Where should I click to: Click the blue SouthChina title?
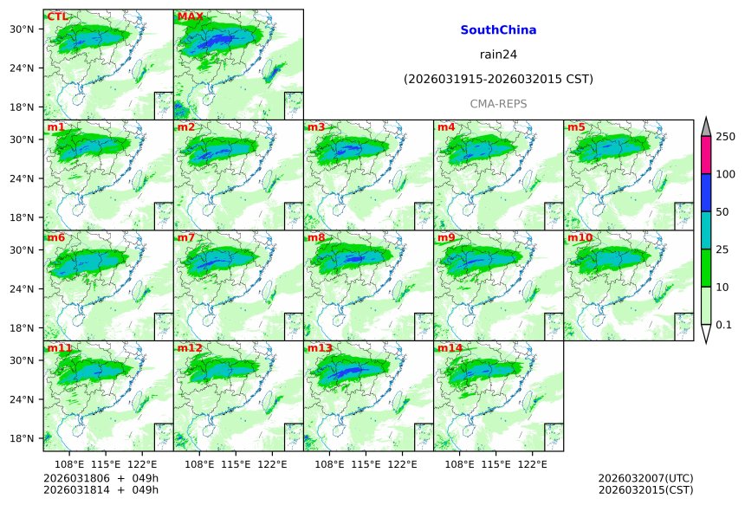tap(498, 30)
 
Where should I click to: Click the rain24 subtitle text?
tap(498, 55)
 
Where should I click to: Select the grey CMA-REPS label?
tap(498, 104)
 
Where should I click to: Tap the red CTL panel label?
tap(58, 16)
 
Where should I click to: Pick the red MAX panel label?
tap(190, 16)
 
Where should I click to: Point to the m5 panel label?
tap(576, 127)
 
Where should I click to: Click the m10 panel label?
tap(580, 237)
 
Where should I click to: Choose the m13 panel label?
tap(319, 348)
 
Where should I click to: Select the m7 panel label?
tap(186, 237)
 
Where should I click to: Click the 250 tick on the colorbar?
tap(725, 137)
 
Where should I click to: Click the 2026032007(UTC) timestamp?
tap(645, 478)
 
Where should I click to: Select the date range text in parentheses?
tap(498, 80)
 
